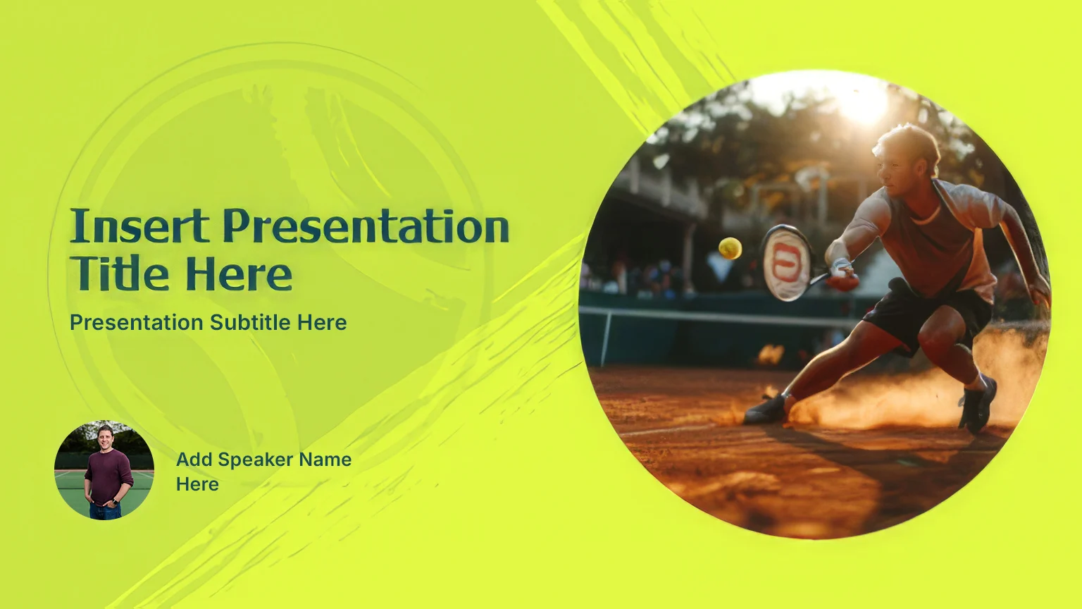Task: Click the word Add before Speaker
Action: (194, 459)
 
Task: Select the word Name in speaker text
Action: (325, 459)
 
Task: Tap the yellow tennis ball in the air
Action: (730, 248)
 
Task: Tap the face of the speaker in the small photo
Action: (105, 437)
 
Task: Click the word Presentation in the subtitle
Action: (137, 322)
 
